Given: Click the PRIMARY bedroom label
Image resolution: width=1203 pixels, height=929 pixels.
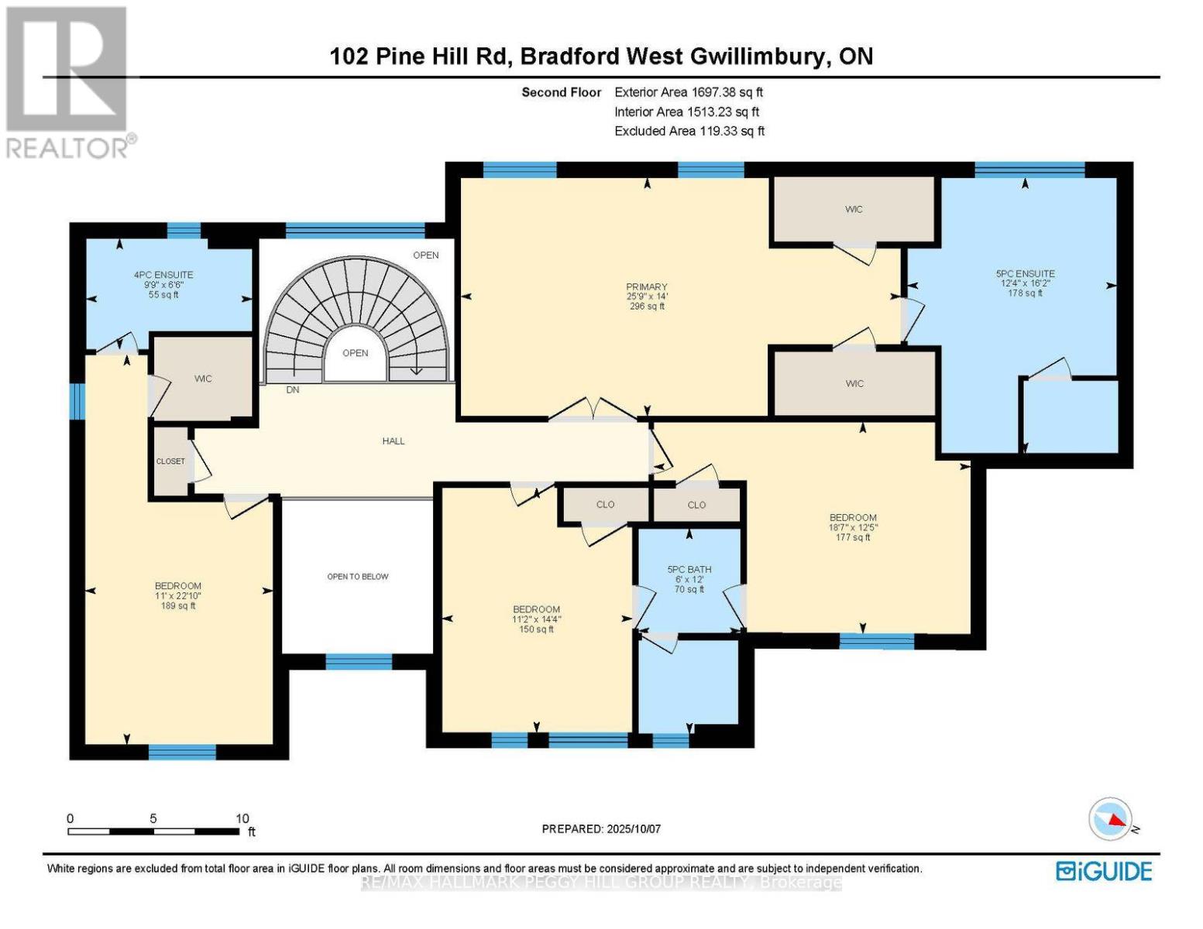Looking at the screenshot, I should click(647, 287).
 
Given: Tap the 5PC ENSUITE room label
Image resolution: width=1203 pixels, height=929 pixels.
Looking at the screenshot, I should click(1025, 273).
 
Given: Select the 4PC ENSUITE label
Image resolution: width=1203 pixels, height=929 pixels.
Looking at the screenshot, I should click(163, 275).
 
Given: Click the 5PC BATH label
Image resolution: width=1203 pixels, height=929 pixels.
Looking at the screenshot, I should click(689, 570).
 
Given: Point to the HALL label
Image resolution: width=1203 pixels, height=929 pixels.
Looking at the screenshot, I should click(394, 441).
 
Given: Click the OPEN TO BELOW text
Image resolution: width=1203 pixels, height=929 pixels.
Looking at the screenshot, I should click(358, 577).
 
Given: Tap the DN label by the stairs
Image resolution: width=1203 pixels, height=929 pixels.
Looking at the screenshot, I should click(293, 390).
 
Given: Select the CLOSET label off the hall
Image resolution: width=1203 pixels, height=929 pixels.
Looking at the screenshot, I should click(170, 461).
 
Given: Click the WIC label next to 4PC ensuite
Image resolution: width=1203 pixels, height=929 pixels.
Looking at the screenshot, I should click(203, 379).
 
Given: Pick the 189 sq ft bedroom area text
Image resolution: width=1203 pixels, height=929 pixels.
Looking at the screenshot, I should click(178, 606).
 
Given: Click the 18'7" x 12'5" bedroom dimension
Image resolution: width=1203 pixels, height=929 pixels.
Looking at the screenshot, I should click(853, 528).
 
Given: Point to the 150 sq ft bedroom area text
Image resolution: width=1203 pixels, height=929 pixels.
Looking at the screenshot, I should click(536, 629).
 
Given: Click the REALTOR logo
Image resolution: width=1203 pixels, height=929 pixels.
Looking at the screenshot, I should click(68, 82).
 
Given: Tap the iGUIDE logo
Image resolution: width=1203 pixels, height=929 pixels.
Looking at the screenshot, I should click(1104, 871).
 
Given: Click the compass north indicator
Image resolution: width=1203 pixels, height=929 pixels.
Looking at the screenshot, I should click(1112, 820).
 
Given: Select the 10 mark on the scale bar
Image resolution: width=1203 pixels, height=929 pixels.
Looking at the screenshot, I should click(242, 818).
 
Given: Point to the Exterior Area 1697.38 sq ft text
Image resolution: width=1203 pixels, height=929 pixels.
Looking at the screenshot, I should click(689, 92).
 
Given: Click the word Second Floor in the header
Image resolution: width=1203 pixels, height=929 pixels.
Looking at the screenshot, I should click(561, 92).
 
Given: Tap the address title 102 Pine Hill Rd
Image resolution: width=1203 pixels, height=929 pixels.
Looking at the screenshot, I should click(420, 57).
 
